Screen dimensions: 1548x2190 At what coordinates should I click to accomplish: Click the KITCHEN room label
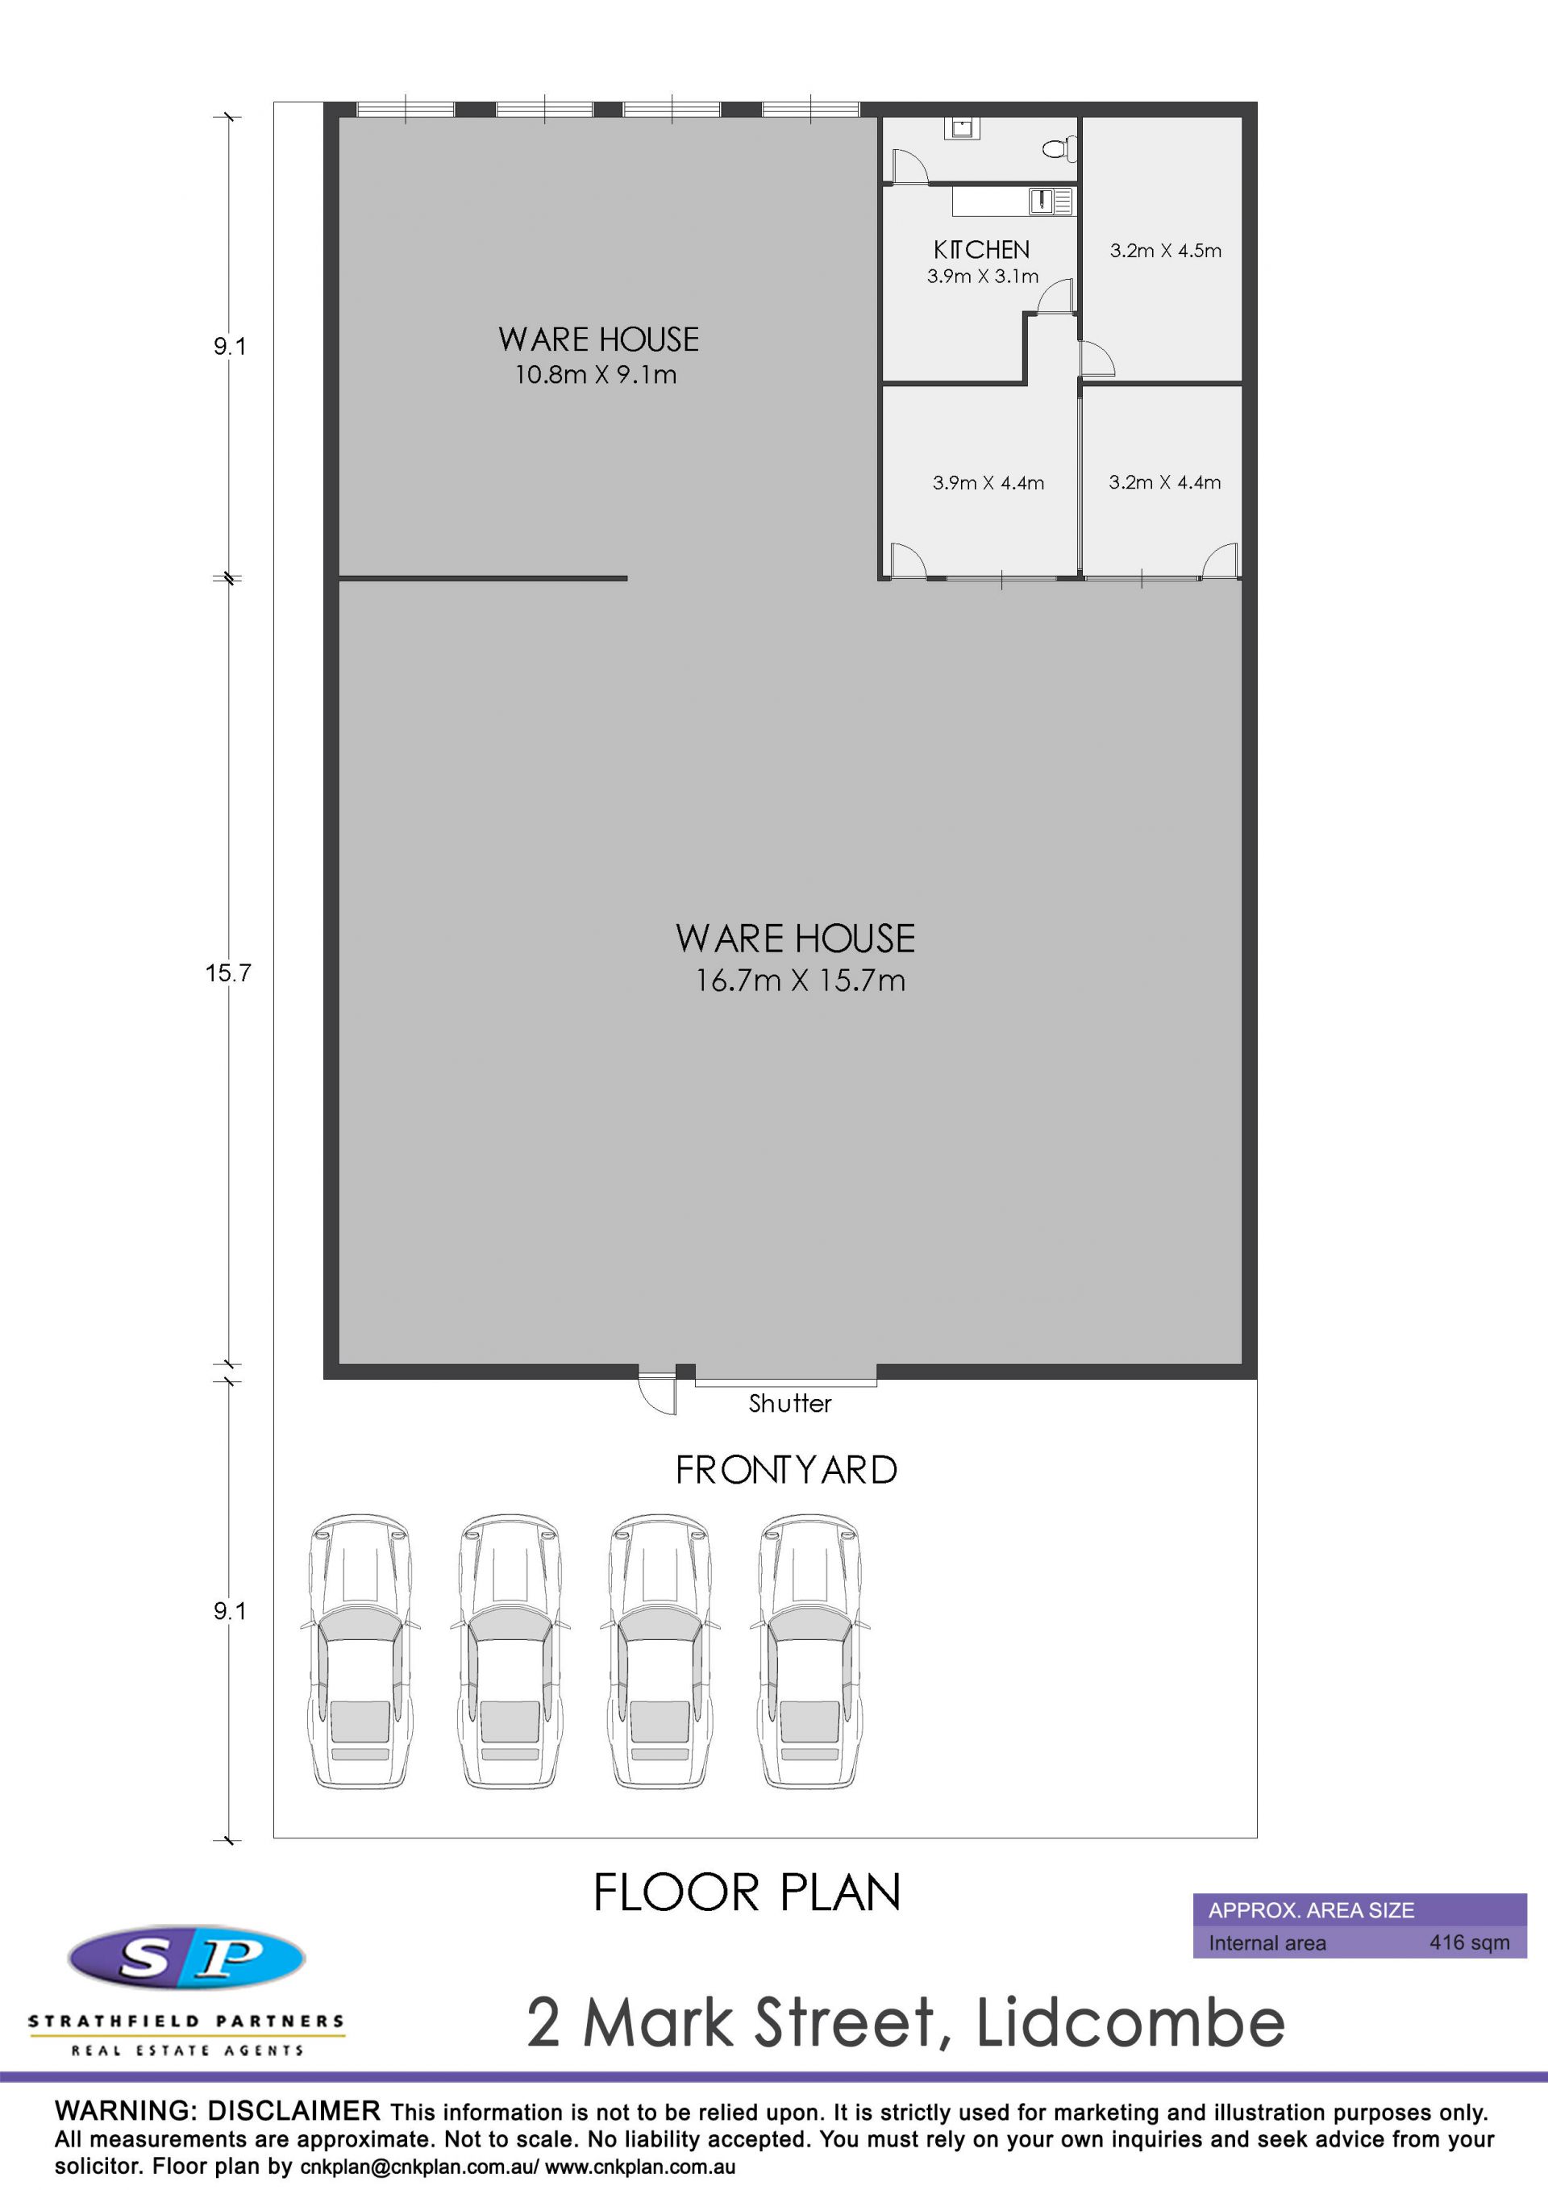point(981,250)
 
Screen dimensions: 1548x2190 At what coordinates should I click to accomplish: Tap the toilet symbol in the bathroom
point(1059,148)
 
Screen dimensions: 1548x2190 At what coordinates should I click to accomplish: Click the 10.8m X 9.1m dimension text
point(596,375)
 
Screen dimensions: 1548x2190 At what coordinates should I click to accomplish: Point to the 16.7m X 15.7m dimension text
point(799,981)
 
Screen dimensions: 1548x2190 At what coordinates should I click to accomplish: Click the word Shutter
point(790,1403)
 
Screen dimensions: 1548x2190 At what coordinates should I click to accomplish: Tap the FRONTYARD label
point(786,1470)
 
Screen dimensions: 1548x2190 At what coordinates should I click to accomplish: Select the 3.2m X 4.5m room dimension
point(1166,251)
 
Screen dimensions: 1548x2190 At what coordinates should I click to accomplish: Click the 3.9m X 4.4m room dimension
point(988,483)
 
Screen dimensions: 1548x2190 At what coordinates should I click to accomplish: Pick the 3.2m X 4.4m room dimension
point(1164,483)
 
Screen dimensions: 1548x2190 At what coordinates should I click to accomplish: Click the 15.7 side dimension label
point(228,973)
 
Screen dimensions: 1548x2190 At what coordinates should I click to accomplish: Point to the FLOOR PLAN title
point(747,1892)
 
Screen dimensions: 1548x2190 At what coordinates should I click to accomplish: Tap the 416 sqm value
point(1469,1942)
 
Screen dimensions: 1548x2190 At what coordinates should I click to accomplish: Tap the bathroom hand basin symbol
point(961,128)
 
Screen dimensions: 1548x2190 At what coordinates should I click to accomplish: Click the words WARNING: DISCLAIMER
point(218,2111)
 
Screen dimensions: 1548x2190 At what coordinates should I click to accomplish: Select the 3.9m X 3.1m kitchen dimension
point(982,277)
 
